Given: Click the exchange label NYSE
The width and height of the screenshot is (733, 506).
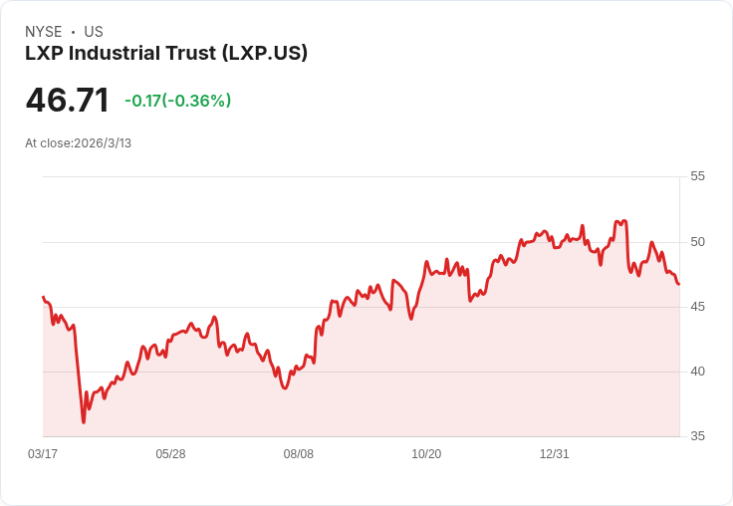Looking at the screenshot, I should click(43, 32).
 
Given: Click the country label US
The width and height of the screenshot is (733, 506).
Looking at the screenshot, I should click(94, 32).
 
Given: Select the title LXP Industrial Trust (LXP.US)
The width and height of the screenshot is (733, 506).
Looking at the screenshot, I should click(166, 53).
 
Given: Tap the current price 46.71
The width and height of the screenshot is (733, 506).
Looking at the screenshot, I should click(67, 101).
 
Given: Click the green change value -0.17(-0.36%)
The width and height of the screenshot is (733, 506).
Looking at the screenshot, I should click(177, 101).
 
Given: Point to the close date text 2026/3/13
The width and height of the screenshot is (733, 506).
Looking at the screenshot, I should click(103, 143).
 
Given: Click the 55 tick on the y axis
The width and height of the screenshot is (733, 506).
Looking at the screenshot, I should click(697, 176).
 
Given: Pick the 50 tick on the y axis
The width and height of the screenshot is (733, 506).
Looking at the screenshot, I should click(697, 242).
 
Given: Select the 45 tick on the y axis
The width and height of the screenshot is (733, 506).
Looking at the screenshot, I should click(697, 307).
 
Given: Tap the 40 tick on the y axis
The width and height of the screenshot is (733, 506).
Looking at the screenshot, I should click(697, 372).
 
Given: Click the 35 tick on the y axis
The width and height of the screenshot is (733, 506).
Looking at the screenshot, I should click(697, 436).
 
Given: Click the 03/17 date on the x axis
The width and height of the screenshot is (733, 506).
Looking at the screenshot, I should click(43, 454).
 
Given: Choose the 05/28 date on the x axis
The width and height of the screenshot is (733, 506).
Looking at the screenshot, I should click(170, 454).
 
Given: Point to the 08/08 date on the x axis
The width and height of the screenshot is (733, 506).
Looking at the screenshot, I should click(299, 454).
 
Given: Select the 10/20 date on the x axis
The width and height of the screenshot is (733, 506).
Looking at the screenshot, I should click(426, 454).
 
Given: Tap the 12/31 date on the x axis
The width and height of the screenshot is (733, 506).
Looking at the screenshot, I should click(554, 454).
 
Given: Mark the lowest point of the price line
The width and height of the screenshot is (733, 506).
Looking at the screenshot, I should click(84, 422).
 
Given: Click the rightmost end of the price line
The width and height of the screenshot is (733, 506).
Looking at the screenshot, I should click(679, 285).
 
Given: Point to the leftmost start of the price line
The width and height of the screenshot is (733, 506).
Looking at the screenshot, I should click(43, 297).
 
